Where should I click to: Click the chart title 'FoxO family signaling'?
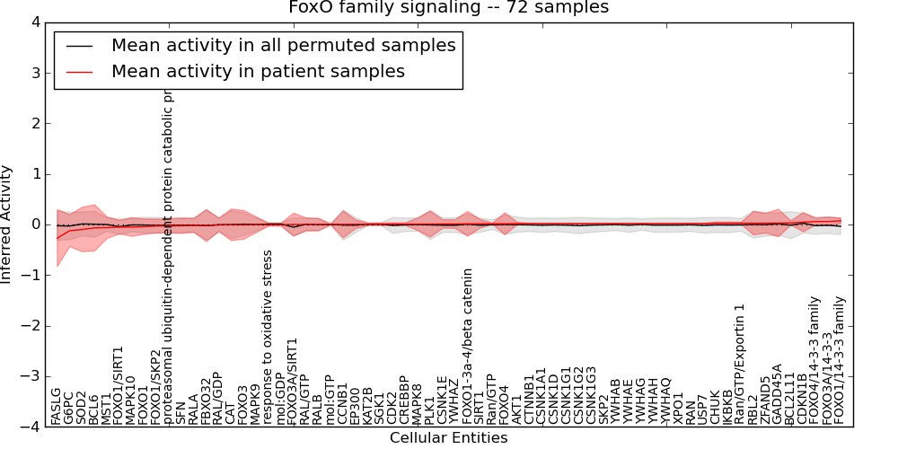pos(448,8)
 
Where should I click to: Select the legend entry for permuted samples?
pos(283,45)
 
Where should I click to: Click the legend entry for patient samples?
pos(258,71)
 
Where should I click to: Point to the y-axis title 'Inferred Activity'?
pos(8,224)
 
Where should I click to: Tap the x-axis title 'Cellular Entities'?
pos(448,438)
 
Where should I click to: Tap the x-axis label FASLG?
pos(56,405)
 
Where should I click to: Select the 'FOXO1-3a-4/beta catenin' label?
pos(467,346)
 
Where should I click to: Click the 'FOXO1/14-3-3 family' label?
pos(840,360)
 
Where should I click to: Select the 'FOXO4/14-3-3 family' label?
pos(814,360)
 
